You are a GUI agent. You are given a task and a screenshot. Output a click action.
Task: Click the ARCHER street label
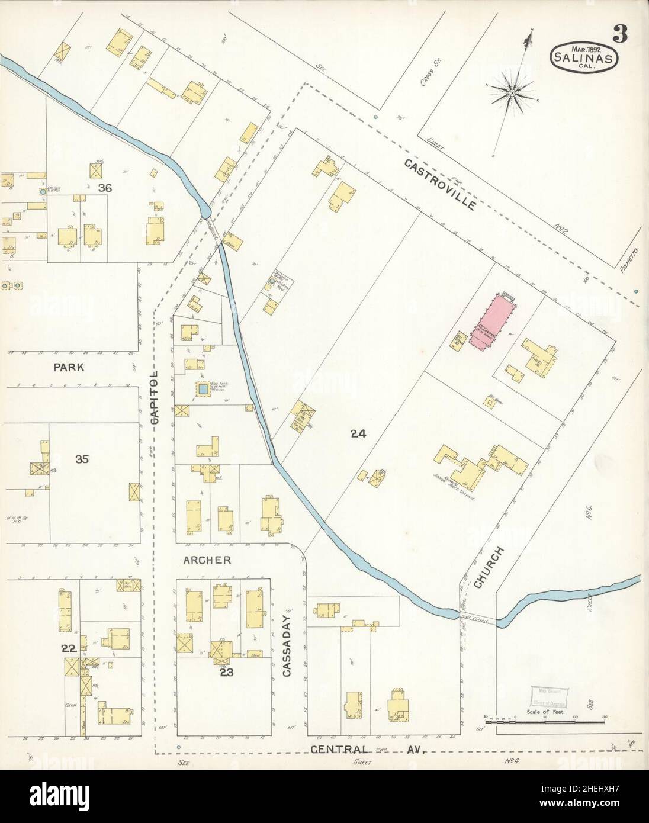[207, 560]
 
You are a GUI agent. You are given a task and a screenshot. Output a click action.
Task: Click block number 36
[105, 188]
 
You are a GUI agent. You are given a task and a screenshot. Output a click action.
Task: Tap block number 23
[227, 672]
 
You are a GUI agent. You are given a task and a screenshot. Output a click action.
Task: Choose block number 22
[69, 649]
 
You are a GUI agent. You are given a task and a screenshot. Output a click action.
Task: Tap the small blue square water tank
[203, 390]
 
